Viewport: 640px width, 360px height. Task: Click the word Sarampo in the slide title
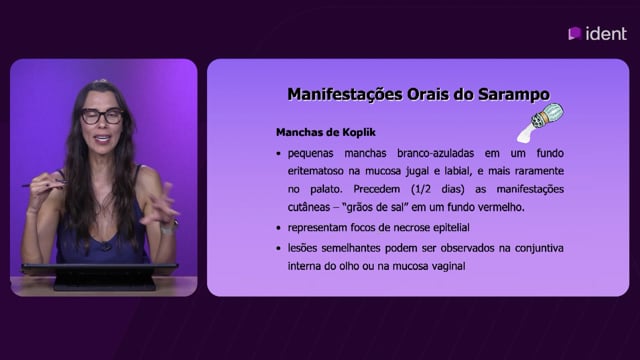514,94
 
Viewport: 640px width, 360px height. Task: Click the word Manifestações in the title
345,95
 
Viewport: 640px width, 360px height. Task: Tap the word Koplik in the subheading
359,132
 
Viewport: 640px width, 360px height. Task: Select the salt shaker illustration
540,122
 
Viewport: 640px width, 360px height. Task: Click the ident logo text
606,33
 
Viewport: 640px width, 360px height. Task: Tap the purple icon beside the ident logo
575,33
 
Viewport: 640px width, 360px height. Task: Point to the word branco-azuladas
436,153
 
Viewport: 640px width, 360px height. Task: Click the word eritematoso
316,171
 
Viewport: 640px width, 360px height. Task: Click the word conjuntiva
539,248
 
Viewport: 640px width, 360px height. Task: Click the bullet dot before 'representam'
278,228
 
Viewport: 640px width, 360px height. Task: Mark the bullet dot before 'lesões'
278,248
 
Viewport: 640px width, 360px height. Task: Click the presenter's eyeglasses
102,116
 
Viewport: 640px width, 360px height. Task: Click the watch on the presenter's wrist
169,227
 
